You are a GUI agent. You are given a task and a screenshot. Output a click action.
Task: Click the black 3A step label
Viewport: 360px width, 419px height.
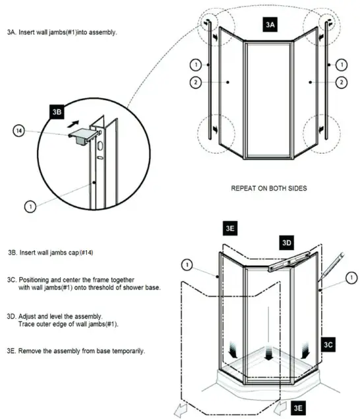[270, 24]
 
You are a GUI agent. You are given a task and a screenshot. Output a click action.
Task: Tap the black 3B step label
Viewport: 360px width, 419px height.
[57, 112]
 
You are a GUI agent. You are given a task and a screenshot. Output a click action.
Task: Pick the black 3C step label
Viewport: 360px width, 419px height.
[330, 345]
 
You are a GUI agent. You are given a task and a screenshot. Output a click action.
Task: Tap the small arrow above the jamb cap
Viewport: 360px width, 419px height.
[76, 122]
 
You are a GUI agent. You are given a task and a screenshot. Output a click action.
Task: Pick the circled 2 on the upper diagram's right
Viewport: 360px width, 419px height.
[341, 82]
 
